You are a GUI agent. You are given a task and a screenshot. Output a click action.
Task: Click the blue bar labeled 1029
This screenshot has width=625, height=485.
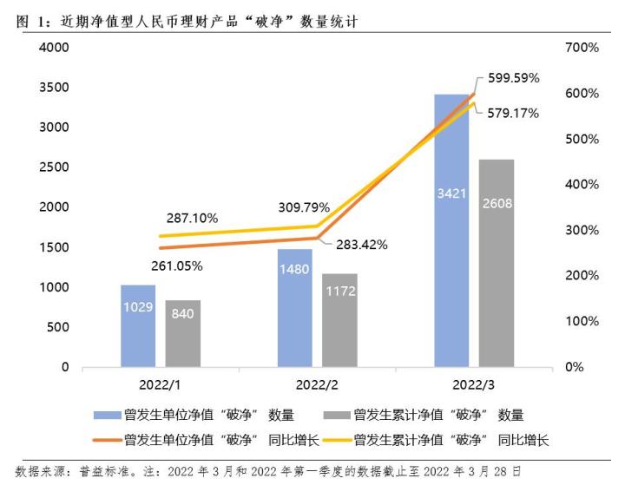click(x=138, y=325)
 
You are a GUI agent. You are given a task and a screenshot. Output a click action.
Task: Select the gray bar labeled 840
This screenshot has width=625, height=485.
click(x=182, y=333)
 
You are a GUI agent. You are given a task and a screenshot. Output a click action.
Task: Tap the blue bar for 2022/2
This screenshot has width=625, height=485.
click(x=295, y=308)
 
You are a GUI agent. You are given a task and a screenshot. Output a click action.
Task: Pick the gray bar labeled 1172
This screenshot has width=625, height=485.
click(x=339, y=320)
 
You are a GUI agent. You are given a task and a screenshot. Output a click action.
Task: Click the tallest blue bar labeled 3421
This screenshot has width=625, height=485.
click(x=451, y=230)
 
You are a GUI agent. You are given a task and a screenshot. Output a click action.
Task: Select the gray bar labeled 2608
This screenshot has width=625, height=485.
click(x=496, y=263)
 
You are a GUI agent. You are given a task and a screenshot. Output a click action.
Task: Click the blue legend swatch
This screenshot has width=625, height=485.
click(x=106, y=416)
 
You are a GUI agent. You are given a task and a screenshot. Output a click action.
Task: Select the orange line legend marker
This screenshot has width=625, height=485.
click(x=106, y=440)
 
